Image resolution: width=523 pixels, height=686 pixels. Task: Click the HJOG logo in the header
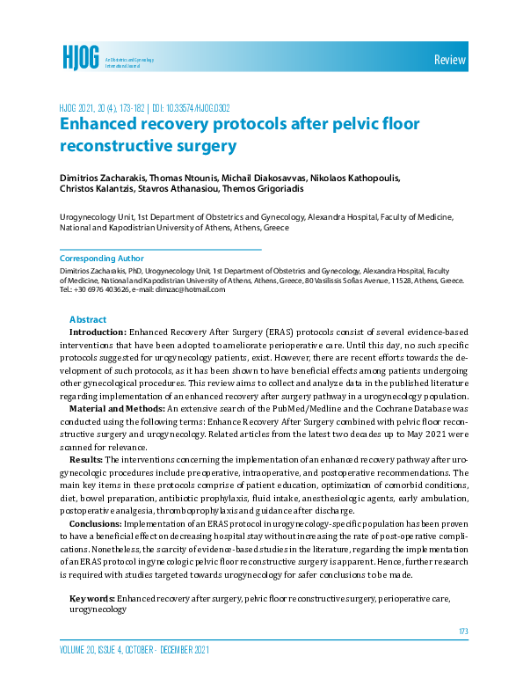(79, 57)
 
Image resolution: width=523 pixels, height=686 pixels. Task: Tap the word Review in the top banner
(449, 60)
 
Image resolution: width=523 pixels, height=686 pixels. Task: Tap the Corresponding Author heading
(99, 259)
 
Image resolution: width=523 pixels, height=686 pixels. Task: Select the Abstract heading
(87, 320)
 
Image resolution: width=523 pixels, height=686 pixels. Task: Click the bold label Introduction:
(98, 334)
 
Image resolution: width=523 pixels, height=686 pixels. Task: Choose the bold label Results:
(85, 460)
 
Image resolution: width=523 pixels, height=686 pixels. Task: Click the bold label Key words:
(91, 599)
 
